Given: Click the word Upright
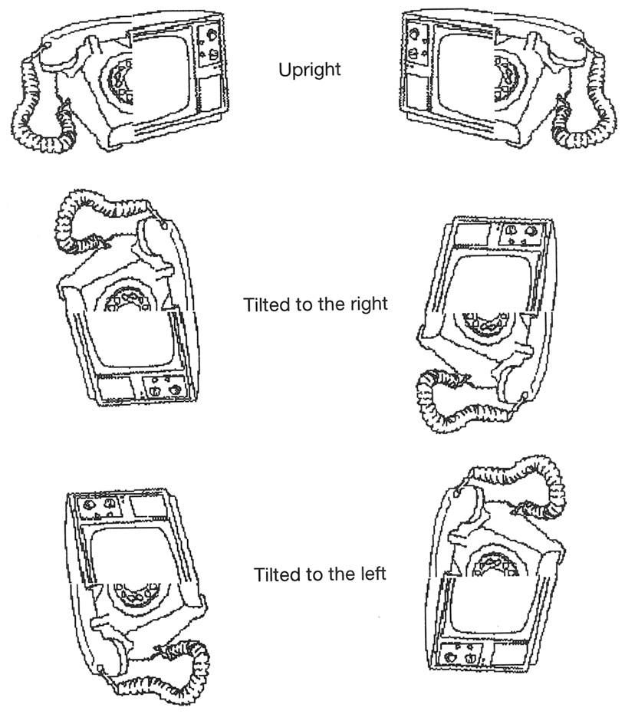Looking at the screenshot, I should [x=310, y=71].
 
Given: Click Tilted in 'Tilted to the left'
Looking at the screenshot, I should [x=274, y=574].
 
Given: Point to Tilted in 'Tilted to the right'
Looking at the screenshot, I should [x=264, y=304].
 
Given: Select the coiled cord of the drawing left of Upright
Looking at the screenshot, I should [x=35, y=115].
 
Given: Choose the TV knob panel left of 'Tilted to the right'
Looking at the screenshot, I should [x=162, y=387].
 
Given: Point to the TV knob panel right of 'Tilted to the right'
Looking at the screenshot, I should [x=518, y=233].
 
